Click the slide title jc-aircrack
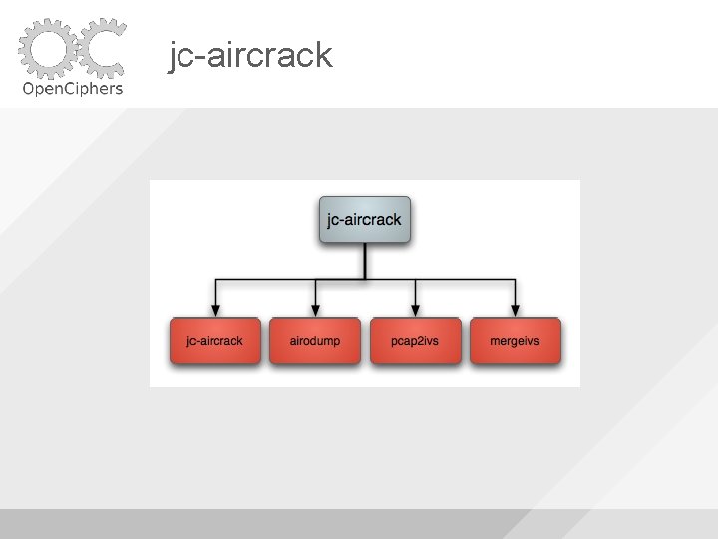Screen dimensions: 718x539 point(250,56)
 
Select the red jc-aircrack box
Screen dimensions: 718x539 point(215,341)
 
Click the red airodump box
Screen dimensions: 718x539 point(315,341)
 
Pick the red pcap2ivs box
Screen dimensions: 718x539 point(415,341)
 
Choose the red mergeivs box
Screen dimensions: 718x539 point(515,341)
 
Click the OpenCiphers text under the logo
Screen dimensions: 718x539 point(73,88)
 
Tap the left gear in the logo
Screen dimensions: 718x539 point(47,48)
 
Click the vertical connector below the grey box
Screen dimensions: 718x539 point(365,262)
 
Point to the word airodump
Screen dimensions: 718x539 point(315,341)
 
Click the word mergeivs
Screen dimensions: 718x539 point(515,341)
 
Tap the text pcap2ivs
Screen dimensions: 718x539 point(415,341)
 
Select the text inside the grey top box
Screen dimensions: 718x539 point(365,220)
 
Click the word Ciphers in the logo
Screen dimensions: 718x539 point(93,88)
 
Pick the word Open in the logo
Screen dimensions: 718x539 point(41,88)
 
